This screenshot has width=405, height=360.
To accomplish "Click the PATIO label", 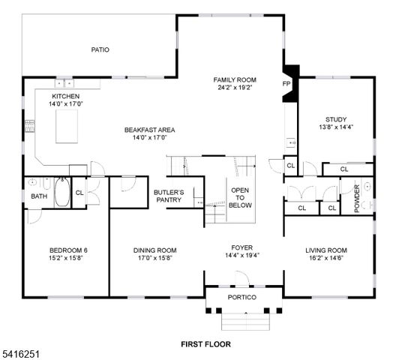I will pos(100,50).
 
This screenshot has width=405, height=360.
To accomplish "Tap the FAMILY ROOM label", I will pos(235,79).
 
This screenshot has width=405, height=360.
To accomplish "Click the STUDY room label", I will pos(335,119).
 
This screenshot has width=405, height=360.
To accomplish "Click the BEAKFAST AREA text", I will pos(149,130).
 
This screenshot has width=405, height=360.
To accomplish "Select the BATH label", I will pos(39,196).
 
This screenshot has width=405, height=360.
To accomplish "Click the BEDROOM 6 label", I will pos(68,250).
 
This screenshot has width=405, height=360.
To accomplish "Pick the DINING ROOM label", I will pos(154,250).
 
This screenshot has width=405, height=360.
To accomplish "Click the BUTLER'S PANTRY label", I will pos(169,196).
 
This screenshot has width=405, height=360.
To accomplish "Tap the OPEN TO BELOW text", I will pos(240,197).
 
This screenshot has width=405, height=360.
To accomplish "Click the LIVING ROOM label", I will pos(325,250).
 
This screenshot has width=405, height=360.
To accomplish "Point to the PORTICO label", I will pos(241,298).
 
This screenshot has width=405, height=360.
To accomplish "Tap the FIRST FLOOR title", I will pos(205,344).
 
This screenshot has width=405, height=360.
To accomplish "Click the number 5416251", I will pos(18,350).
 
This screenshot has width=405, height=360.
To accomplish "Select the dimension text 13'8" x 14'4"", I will pos(335,127).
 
